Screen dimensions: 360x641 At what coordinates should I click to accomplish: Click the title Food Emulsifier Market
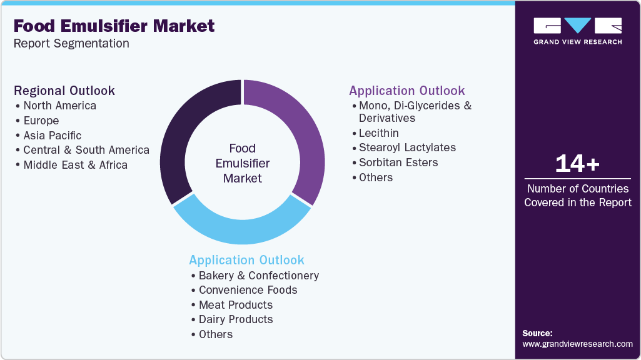point(114,26)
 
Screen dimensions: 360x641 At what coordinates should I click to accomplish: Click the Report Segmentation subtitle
point(71,44)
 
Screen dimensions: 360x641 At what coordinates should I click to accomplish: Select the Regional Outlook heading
point(64,91)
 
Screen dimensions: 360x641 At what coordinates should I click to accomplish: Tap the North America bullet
point(59,106)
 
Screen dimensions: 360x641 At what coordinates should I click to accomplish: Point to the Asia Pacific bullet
point(52,136)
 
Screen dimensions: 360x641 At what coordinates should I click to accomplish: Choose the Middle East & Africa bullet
point(75,165)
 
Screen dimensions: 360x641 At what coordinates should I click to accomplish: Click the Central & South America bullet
point(86,150)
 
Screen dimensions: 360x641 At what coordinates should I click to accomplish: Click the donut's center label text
point(242,163)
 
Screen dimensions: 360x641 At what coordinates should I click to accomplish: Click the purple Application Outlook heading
point(407,91)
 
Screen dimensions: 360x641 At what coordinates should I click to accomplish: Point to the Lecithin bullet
point(378,133)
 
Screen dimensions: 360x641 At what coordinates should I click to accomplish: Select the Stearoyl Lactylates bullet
point(407,147)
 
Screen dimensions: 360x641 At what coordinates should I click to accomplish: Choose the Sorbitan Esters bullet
point(398,162)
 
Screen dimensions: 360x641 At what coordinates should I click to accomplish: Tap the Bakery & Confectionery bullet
point(258,276)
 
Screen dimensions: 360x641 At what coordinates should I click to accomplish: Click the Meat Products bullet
point(235,305)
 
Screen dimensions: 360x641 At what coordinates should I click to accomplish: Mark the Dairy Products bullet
point(236,319)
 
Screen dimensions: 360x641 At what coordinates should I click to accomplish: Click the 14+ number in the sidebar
point(577,164)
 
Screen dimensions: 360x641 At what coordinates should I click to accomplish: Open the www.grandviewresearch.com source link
point(577,344)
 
